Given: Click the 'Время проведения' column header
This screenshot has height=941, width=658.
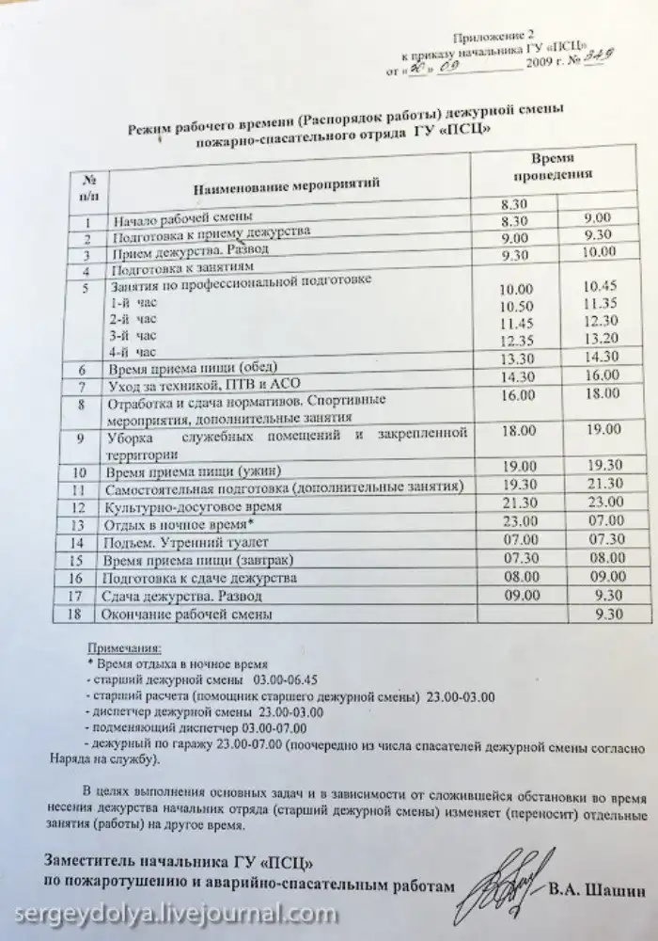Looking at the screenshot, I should click(x=551, y=167).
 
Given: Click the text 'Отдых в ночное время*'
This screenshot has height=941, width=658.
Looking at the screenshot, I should click(x=181, y=523).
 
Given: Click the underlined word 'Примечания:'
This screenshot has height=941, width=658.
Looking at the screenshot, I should click(x=122, y=648).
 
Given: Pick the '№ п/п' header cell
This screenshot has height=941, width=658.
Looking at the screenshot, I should click(x=88, y=184).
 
